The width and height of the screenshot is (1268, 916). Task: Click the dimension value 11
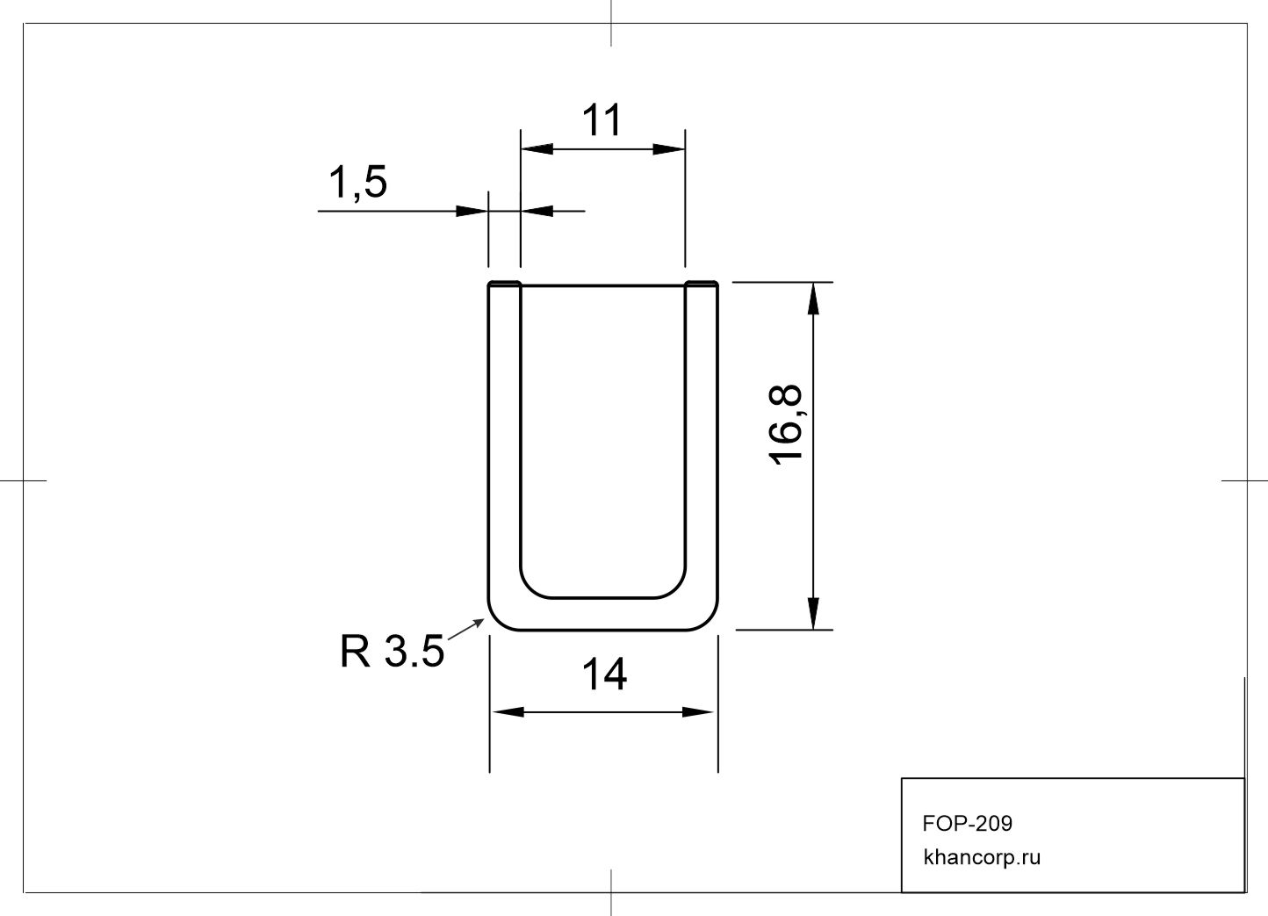click(602, 120)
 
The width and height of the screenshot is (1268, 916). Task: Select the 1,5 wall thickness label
click(357, 183)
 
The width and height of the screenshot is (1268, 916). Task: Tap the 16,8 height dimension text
click(786, 424)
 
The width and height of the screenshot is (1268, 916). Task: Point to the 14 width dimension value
click(604, 674)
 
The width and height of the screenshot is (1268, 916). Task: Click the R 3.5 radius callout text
click(392, 651)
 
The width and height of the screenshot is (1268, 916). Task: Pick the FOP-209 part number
click(968, 824)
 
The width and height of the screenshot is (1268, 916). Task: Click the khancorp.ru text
click(982, 857)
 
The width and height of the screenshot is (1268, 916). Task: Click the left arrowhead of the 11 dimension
click(537, 149)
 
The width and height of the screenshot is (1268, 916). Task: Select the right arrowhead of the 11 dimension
click(669, 149)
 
